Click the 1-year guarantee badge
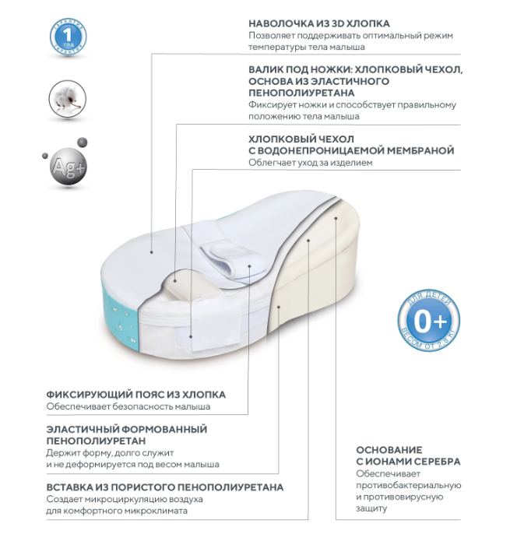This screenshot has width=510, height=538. point(68,35)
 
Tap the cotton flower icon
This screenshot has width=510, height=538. point(67,100)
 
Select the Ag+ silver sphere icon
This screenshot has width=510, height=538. point(65,166)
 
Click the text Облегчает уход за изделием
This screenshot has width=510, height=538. point(311,164)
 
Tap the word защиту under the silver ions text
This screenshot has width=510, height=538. point(371,508)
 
